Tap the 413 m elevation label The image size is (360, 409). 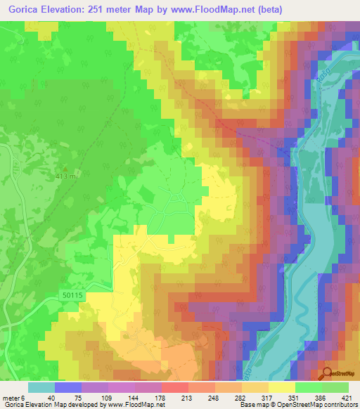pyautogui.click(x=67, y=176)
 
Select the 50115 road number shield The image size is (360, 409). pyautogui.click(x=72, y=297)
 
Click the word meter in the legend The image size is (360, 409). pyautogui.click(x=10, y=396)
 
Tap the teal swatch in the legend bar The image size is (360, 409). pyautogui.click(x=41, y=387)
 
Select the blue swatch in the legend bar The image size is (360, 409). pyautogui.click(x=68, y=387)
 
